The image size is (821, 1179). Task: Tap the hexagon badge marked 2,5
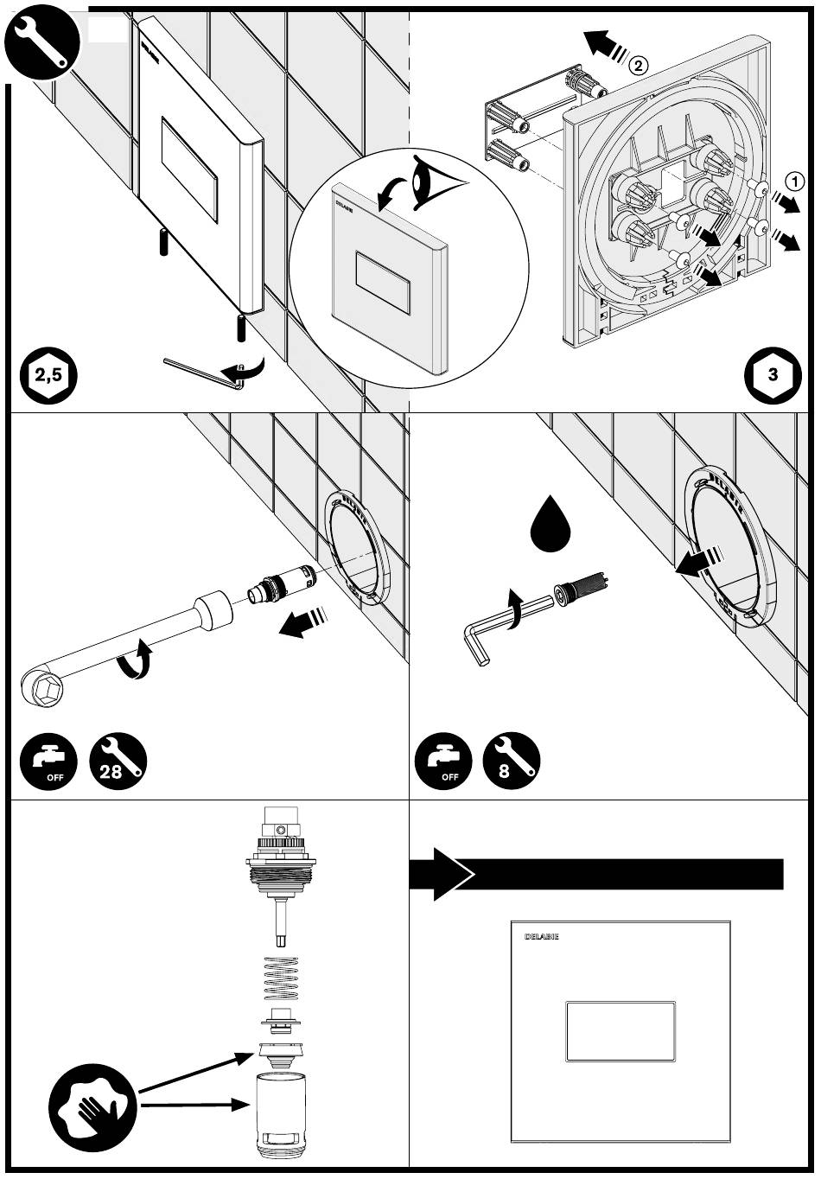click(48, 375)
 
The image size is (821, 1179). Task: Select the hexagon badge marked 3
click(772, 375)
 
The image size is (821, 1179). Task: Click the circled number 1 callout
click(796, 180)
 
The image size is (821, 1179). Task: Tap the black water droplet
click(546, 525)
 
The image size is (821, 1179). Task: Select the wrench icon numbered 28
click(118, 762)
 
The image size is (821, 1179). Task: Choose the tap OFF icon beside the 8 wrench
click(443, 762)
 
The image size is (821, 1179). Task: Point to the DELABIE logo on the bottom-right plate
click(541, 937)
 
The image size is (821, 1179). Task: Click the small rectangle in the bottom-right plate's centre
click(620, 1031)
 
